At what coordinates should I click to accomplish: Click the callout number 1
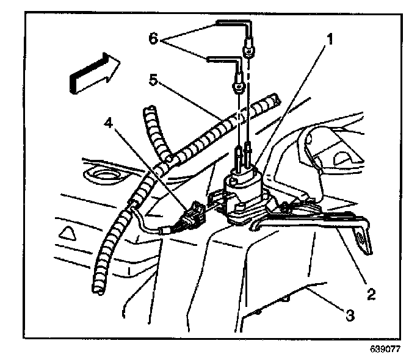[329, 41]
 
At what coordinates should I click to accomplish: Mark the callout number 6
[154, 37]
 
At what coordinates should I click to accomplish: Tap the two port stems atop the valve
[242, 157]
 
